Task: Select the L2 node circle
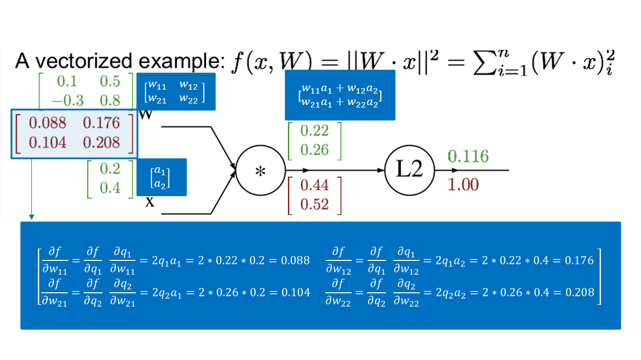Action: tap(409, 170)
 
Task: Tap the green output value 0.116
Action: tap(468, 156)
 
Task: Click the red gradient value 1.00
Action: tap(463, 185)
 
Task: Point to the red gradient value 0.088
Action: tap(47, 122)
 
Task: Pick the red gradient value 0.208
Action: tap(102, 143)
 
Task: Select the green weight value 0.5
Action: tap(110, 81)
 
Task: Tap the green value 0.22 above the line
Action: tap(314, 130)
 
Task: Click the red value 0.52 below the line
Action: tap(314, 204)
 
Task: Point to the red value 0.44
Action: tap(314, 185)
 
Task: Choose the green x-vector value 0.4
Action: tap(110, 188)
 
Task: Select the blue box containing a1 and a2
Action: tap(161, 177)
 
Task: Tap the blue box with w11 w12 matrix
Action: tap(175, 91)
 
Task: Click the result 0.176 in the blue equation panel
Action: tap(579, 260)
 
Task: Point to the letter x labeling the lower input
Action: tap(149, 202)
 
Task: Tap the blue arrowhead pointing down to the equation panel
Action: tap(31, 217)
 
